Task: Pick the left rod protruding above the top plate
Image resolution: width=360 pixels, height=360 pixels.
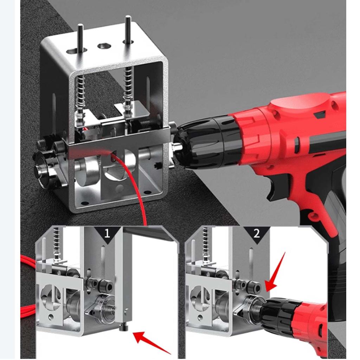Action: click(81, 37)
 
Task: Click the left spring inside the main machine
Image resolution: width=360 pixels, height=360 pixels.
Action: click(81, 95)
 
